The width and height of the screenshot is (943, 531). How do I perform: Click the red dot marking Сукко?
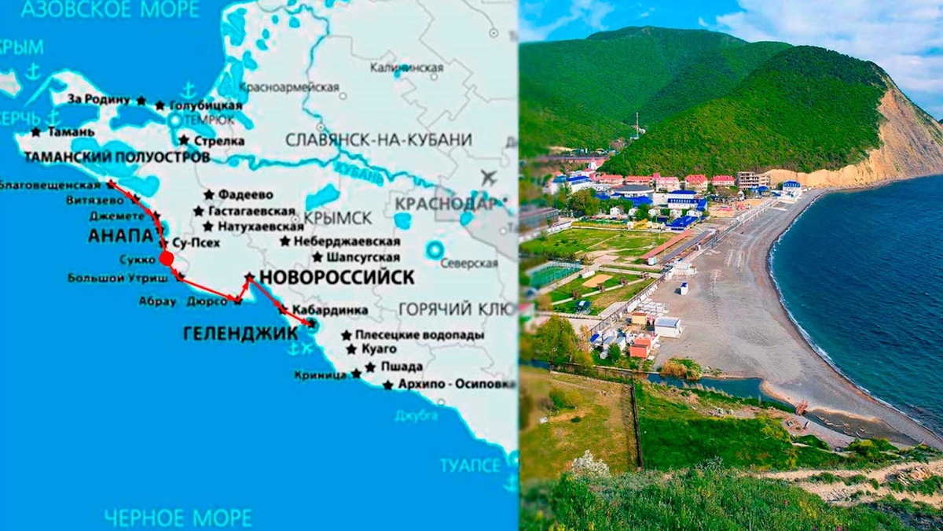(x=166, y=258)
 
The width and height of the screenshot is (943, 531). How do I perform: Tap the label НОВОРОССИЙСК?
(x=336, y=277)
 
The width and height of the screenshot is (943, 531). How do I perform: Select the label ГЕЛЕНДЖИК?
(x=240, y=334)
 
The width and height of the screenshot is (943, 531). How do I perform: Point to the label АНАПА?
(x=120, y=235)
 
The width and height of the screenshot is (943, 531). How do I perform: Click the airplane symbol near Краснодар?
(x=488, y=177)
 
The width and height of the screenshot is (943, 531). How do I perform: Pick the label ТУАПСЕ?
(x=470, y=465)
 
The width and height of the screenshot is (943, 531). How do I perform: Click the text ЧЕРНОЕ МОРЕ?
(x=178, y=518)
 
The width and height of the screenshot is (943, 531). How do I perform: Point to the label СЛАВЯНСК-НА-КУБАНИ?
(x=379, y=140)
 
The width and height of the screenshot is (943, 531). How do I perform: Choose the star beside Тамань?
(x=35, y=132)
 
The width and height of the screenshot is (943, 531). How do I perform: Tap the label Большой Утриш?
(x=117, y=278)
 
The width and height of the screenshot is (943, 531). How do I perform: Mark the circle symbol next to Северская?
(x=434, y=251)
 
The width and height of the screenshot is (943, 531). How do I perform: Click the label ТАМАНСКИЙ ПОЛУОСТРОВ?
(x=117, y=157)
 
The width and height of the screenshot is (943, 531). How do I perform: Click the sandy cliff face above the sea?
(x=904, y=142)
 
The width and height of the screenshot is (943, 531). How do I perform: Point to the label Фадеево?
(x=245, y=194)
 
